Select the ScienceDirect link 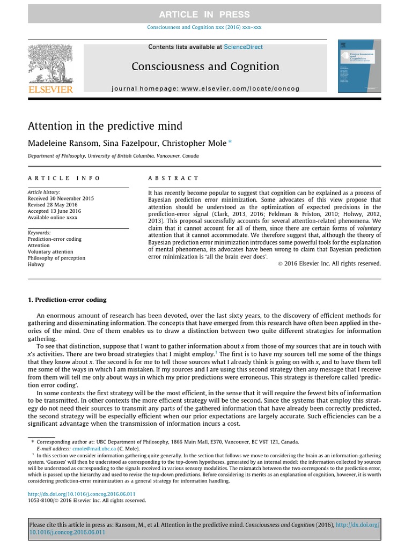(243, 47)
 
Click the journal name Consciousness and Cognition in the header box (205, 66)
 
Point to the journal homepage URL (205, 88)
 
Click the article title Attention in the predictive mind (105, 126)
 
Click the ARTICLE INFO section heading (64, 178)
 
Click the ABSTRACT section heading (173, 178)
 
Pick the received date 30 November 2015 (61, 198)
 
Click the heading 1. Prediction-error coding (67, 300)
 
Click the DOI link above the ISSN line (82, 493)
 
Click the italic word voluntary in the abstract (369, 228)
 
